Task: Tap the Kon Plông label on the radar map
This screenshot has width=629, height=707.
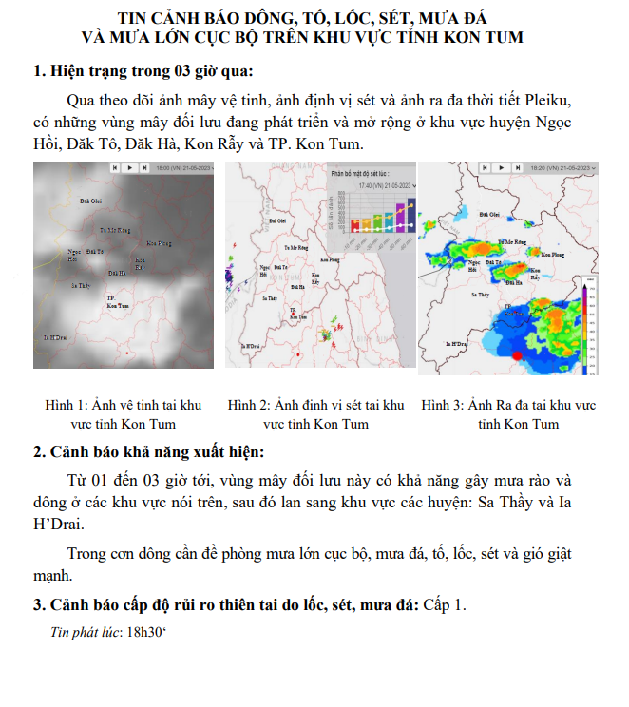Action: point(553,254)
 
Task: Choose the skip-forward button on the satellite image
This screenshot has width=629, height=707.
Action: point(144,168)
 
